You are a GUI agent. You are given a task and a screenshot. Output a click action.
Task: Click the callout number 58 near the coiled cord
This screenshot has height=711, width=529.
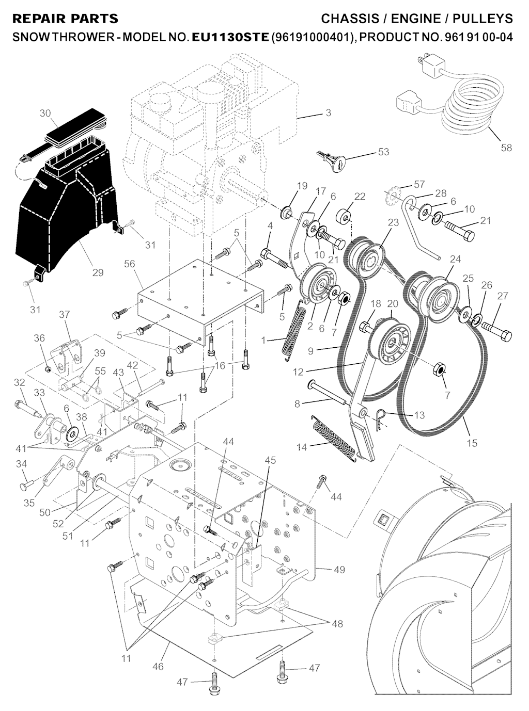pyautogui.click(x=506, y=148)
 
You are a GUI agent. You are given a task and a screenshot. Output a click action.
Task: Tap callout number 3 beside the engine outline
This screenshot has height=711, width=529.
pyautogui.click(x=329, y=113)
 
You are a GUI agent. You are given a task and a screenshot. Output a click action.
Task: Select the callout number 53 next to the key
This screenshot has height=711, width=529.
pyautogui.click(x=383, y=152)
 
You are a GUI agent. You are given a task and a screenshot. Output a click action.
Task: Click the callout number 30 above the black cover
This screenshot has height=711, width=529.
pyautogui.click(x=45, y=113)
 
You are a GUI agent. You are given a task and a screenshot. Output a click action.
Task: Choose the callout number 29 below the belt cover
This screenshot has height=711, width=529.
pyautogui.click(x=98, y=272)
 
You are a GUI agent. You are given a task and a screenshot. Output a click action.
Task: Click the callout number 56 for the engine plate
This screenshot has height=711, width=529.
pyautogui.click(x=130, y=264)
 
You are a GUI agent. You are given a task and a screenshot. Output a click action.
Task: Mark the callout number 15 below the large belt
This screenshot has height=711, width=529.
pyautogui.click(x=471, y=443)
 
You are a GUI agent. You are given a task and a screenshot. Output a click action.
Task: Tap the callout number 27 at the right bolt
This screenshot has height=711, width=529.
pyautogui.click(x=502, y=296)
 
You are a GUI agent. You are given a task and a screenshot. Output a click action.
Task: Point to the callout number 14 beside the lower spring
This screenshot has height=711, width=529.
pyautogui.click(x=301, y=447)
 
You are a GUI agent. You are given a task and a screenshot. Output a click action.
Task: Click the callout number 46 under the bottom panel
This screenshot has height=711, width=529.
pyautogui.click(x=158, y=667)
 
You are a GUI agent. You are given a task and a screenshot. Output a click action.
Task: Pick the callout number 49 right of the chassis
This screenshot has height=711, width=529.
pyautogui.click(x=339, y=570)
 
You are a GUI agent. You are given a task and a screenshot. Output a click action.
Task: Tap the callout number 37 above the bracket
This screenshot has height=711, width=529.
pyautogui.click(x=64, y=314)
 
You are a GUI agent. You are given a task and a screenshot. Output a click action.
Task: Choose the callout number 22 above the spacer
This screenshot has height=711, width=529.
pyautogui.click(x=360, y=196)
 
